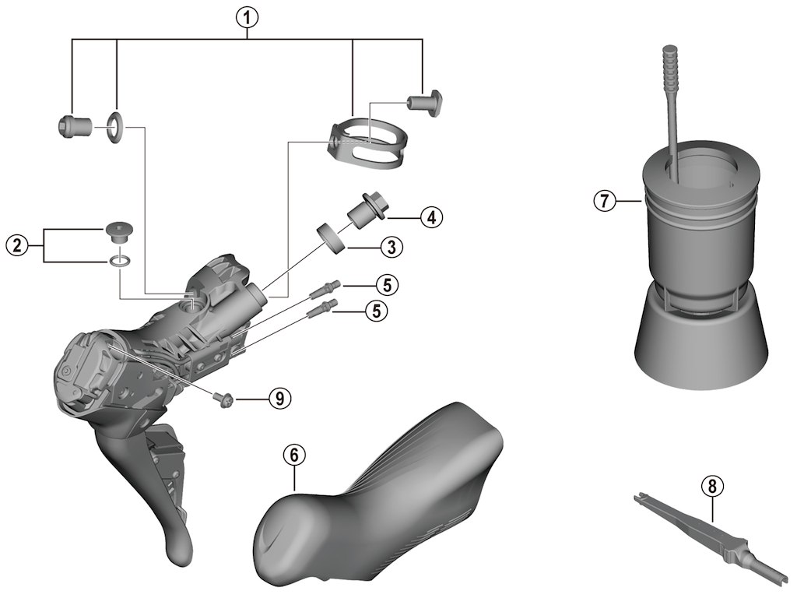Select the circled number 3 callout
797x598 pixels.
point(391,248)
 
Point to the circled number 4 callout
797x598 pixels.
point(431,217)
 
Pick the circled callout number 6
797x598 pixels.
point(293,455)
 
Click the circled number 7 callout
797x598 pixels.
point(603,201)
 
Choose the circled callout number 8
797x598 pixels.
point(711,486)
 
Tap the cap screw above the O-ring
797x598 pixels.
point(118,230)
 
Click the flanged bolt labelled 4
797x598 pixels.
point(364,211)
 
